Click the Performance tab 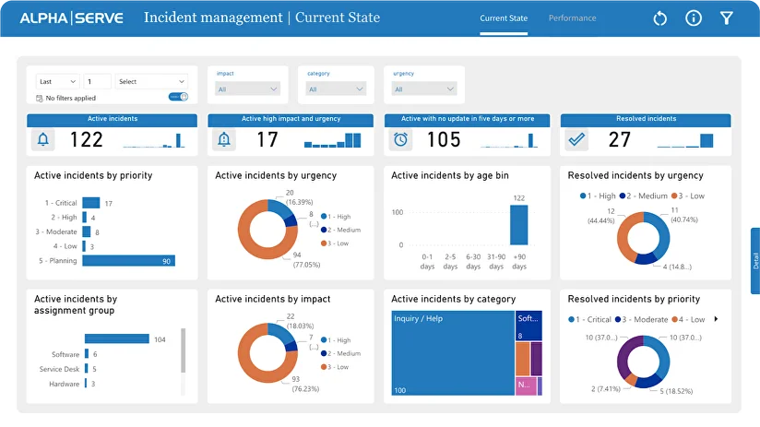click(x=572, y=18)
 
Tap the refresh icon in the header click(x=659, y=18)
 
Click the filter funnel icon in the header click(x=727, y=18)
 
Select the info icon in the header click(x=694, y=18)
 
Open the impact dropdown click(x=247, y=89)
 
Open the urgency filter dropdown click(x=424, y=89)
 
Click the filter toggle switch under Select click(x=178, y=97)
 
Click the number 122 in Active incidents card click(x=87, y=139)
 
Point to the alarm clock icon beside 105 click(x=400, y=139)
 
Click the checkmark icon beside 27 click(x=577, y=139)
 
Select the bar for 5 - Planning click(x=128, y=261)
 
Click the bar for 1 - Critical click(x=90, y=203)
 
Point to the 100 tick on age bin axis click(x=398, y=212)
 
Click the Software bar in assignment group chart click(x=87, y=354)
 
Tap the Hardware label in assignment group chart click(x=65, y=384)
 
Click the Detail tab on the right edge click(x=754, y=261)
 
